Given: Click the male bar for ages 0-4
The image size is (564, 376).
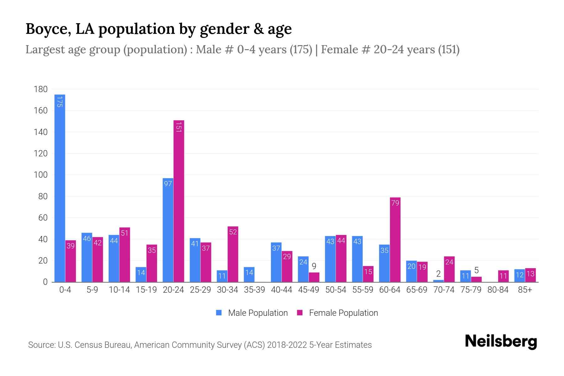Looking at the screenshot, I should pos(60,188).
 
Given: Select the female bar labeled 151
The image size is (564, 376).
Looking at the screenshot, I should pos(179,201).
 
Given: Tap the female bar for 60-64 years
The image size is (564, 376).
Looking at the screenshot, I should pos(395,240).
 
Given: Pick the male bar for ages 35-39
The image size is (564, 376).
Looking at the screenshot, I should pos(249,274).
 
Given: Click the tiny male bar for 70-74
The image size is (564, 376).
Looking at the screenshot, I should pos(438,281).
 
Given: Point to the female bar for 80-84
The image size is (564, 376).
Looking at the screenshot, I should pos(503,276).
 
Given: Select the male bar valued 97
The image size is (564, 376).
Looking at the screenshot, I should pos(168,230).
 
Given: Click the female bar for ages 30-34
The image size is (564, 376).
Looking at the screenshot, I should pos(233,254).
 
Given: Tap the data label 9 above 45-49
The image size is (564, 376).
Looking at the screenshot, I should pos(314,267).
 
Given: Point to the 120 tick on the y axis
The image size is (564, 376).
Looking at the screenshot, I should pos(40,154).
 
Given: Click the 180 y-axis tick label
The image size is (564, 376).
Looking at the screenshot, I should pos(40,89).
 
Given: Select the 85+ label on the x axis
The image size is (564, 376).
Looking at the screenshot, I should pos(525,290).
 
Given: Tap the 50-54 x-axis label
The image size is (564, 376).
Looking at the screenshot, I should pos(336,290).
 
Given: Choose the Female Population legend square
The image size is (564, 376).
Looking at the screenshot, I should pos(300,313).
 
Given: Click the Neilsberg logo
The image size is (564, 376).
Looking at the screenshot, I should pos(501,342).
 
